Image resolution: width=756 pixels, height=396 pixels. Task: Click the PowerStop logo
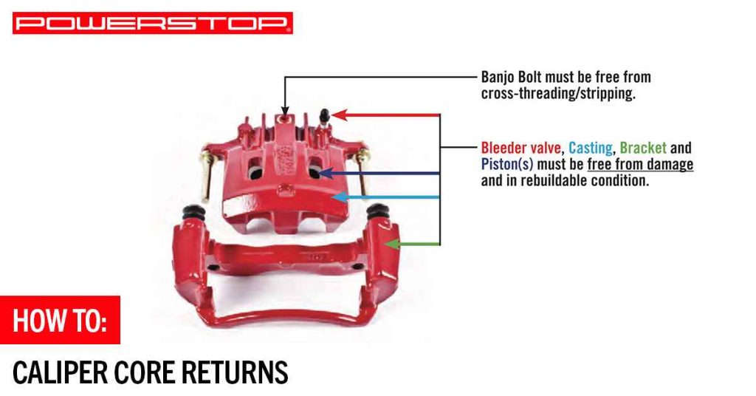point(152,23)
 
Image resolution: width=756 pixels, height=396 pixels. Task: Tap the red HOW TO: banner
point(60,321)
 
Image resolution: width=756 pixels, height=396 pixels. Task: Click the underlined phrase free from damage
point(640,164)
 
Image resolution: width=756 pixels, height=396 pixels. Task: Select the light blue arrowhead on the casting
point(336,197)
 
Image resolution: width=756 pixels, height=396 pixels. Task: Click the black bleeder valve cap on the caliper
point(323,116)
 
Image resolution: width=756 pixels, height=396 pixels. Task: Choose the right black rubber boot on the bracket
point(378,212)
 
